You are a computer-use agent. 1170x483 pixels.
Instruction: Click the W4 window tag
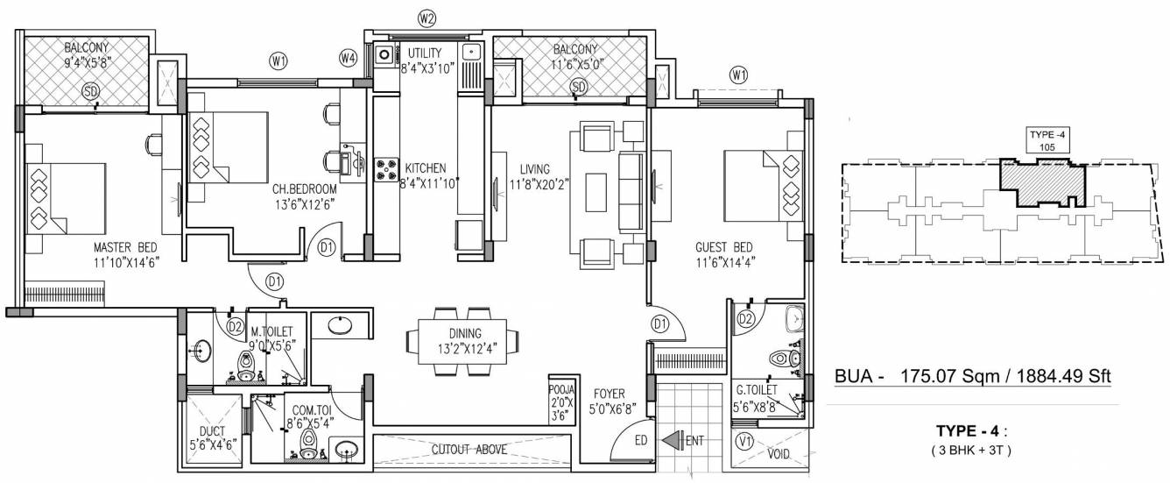tap(349, 58)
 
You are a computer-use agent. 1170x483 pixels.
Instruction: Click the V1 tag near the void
tap(745, 442)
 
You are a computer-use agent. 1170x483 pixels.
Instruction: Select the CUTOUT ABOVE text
tap(469, 450)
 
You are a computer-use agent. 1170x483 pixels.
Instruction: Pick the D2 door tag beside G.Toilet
tap(746, 318)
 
